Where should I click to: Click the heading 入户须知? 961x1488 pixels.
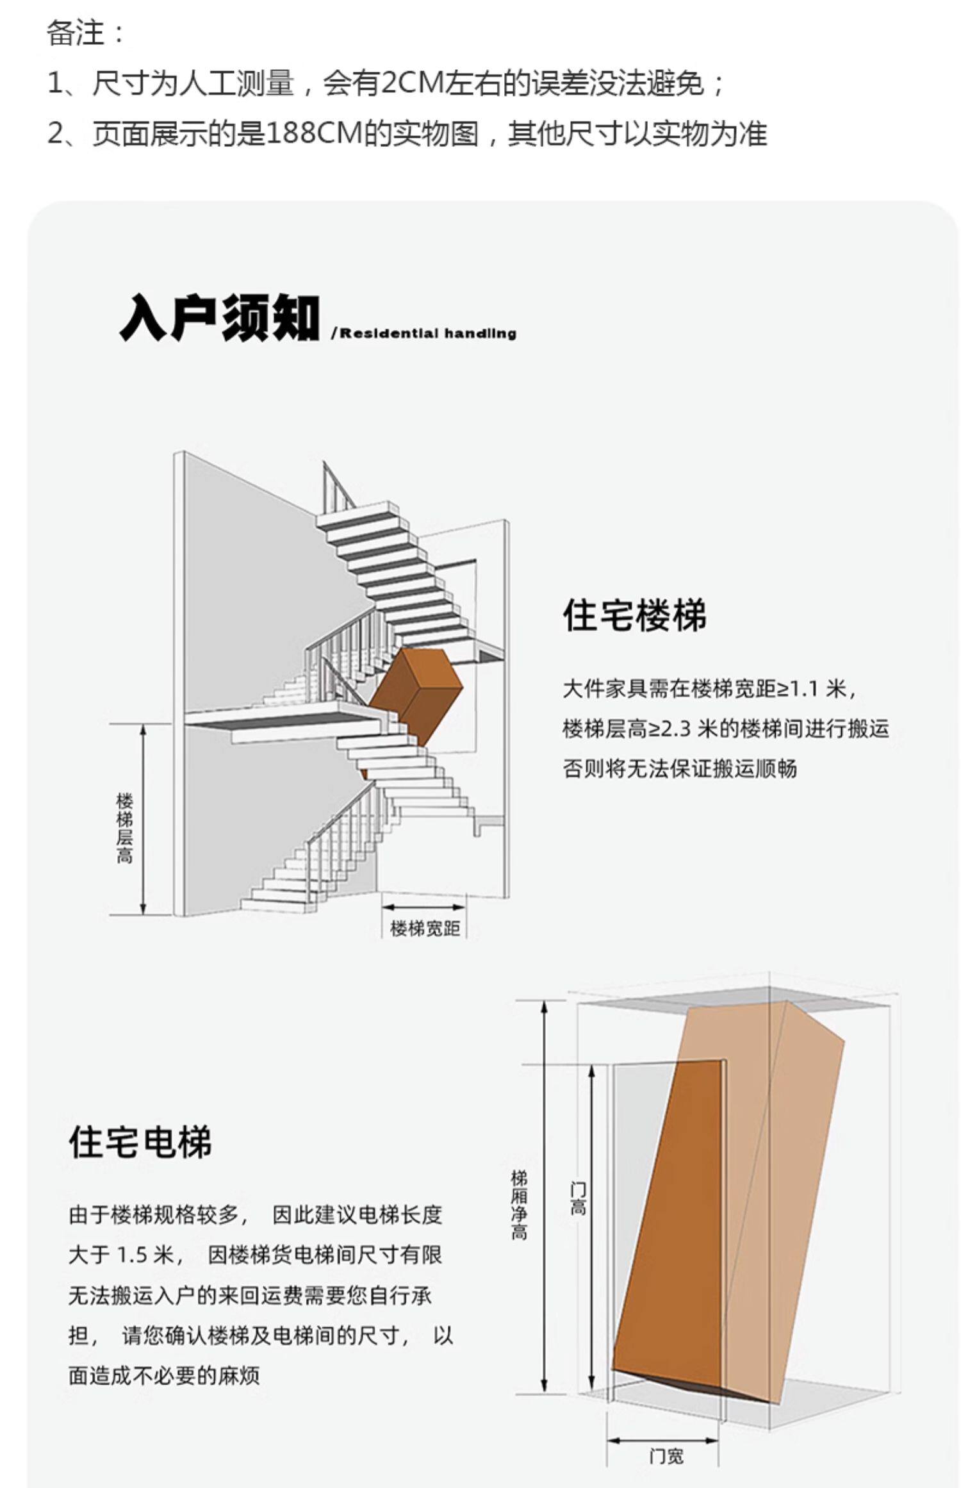pos(218,318)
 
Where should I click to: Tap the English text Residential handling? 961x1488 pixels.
pos(428,333)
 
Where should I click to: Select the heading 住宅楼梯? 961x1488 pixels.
pos(634,615)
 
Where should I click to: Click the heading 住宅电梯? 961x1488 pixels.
pos(140,1141)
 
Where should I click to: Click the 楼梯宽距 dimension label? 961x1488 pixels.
pos(425,928)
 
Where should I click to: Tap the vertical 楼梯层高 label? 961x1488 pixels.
pos(124,829)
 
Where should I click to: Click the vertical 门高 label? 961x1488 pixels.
pos(578,1199)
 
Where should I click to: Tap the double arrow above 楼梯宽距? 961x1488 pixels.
pos(423,907)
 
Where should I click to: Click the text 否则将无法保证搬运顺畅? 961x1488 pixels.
pos(680,768)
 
